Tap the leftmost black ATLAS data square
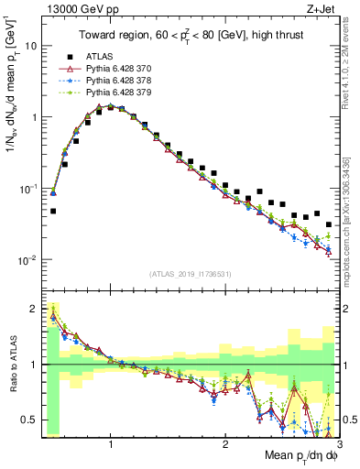pyautogui.click(x=53, y=211)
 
